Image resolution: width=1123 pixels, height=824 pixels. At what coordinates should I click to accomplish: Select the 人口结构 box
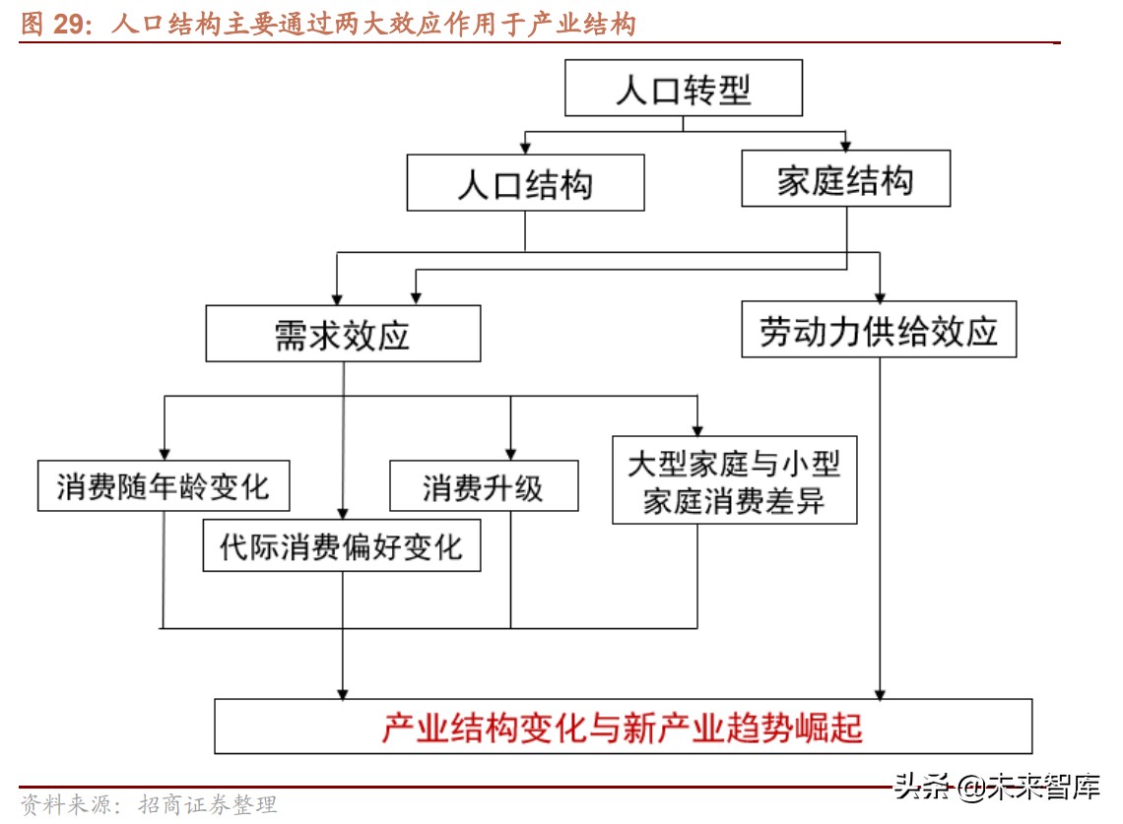pyautogui.click(x=525, y=183)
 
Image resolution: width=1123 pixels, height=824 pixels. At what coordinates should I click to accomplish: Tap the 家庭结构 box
pyautogui.click(x=845, y=179)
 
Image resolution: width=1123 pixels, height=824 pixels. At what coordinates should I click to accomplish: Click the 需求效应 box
pyautogui.click(x=343, y=334)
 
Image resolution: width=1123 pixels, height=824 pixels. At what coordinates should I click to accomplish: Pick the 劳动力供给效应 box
pyautogui.click(x=879, y=330)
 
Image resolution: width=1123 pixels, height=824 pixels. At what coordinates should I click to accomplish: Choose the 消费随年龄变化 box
pyautogui.click(x=164, y=485)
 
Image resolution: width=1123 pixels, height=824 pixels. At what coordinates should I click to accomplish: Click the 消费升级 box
pyautogui.click(x=484, y=485)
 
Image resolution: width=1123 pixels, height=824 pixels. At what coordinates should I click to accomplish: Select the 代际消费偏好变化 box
pyautogui.click(x=342, y=544)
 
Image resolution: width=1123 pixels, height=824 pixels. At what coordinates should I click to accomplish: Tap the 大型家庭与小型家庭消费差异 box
pyautogui.click(x=734, y=480)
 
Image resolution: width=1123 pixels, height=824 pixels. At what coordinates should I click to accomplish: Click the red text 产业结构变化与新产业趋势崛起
pyautogui.click(x=623, y=728)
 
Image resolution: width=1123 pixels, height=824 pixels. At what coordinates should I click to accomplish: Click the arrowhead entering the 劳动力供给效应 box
pyautogui.click(x=880, y=294)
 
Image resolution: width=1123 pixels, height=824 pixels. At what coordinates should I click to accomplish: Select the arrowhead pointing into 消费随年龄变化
pyautogui.click(x=164, y=452)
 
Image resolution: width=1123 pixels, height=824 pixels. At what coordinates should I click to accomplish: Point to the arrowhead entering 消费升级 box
pyautogui.click(x=510, y=452)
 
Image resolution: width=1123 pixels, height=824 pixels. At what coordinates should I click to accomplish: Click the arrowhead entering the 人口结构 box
pyautogui.click(x=525, y=148)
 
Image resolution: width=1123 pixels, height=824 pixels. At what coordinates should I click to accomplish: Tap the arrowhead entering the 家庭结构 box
pyautogui.click(x=845, y=144)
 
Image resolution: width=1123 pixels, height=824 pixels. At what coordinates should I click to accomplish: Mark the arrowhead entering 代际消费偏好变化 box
pyautogui.click(x=343, y=512)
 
